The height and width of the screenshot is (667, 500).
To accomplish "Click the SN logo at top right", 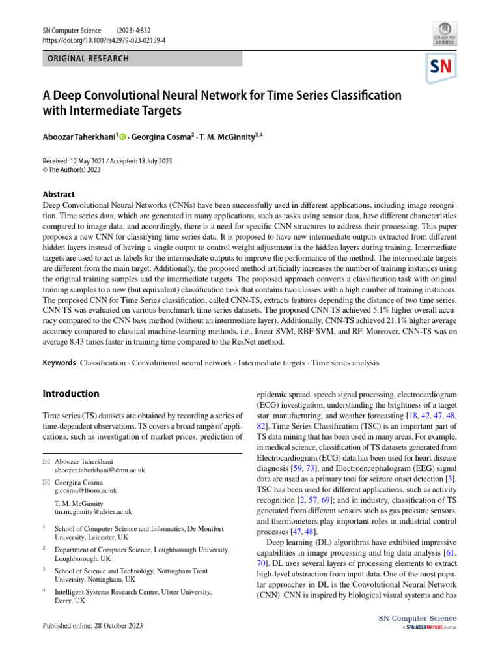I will pyautogui.click(x=441, y=67).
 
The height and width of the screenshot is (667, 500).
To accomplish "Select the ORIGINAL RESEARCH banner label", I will pyautogui.click(x=86, y=59).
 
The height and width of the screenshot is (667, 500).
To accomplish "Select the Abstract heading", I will pyautogui.click(x=58, y=194).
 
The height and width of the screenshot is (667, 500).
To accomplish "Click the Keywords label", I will pyautogui.click(x=59, y=362).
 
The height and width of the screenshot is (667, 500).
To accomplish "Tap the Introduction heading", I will pyautogui.click(x=71, y=394).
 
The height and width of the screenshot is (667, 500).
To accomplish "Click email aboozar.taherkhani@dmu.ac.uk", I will pyautogui.click(x=100, y=470).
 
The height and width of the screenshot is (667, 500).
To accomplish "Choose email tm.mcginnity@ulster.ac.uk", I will pyautogui.click(x=93, y=512).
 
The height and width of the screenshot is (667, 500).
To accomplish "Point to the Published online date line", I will pyautogui.click(x=92, y=625).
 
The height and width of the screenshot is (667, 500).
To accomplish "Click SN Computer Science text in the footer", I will pyautogui.click(x=417, y=618).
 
